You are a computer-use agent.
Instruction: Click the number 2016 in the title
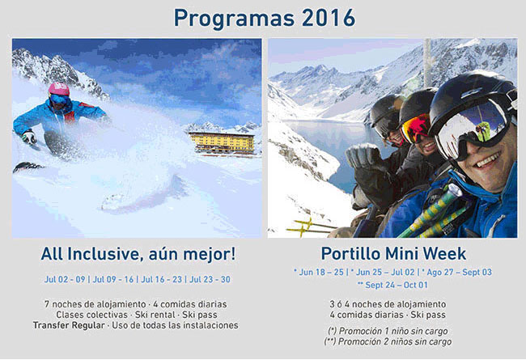point(329,18)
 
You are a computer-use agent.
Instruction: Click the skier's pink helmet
point(59,89)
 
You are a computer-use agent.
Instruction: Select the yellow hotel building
point(222,143)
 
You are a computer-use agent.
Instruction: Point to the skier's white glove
point(29,137)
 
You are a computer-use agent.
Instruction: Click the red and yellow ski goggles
point(416,128)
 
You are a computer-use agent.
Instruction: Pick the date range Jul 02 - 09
point(65,279)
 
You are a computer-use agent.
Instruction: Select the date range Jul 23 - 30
point(210,279)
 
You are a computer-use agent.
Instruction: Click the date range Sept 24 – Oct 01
point(392,286)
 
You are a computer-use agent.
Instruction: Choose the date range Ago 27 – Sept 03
point(457,272)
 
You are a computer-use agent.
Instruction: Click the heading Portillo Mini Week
point(393,254)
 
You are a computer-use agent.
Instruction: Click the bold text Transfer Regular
point(69,325)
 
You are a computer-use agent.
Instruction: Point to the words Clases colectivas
point(92,315)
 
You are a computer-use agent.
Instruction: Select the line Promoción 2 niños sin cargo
point(388,341)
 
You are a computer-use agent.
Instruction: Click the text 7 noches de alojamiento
point(95,304)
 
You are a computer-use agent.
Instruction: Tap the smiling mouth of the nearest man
point(489,160)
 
